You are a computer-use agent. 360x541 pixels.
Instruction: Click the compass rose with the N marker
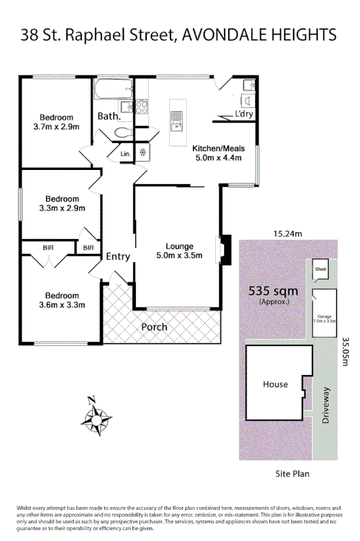(99, 419)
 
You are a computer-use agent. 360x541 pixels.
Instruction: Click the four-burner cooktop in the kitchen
(141, 107)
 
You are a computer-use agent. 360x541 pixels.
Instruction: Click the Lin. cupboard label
(125, 154)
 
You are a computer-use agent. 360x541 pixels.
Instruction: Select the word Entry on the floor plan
(118, 256)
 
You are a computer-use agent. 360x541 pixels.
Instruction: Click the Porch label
(154, 327)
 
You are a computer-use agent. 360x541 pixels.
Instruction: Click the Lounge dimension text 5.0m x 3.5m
(179, 256)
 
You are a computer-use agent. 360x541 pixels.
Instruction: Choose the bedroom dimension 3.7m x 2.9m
(56, 127)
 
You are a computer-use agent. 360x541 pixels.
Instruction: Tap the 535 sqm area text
(273, 291)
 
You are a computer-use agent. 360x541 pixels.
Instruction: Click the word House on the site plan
(275, 384)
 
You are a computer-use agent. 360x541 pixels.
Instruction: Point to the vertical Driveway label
(325, 406)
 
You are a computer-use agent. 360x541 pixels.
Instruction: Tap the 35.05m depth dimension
(347, 352)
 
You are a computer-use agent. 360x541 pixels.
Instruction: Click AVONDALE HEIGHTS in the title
(259, 34)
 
